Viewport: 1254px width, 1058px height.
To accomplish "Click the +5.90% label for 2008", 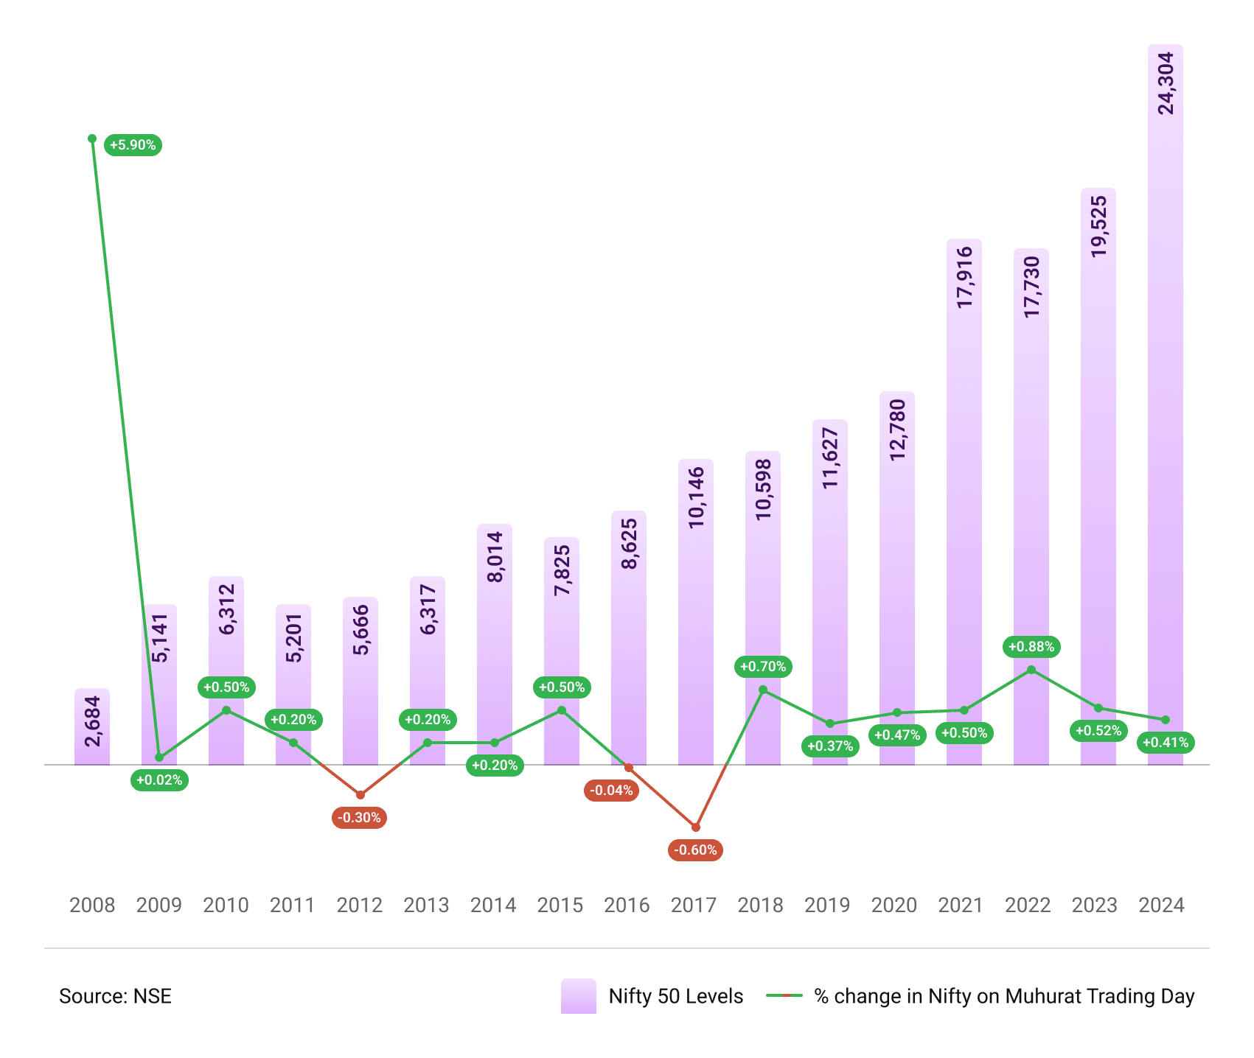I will click(x=133, y=145).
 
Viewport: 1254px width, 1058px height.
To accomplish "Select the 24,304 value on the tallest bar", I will click(x=1166, y=83).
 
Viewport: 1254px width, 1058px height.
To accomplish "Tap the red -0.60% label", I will click(x=696, y=850).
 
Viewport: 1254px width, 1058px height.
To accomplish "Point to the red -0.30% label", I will click(x=360, y=818).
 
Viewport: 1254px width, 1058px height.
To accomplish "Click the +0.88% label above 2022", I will click(x=1031, y=647).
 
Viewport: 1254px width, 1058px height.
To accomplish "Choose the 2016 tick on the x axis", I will click(x=627, y=905).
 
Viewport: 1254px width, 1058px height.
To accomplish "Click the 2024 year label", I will click(x=1161, y=905).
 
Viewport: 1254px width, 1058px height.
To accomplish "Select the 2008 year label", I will click(x=92, y=905).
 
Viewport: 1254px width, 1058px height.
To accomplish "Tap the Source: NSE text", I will click(x=115, y=996).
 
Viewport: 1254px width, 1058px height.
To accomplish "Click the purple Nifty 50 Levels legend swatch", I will click(x=578, y=996).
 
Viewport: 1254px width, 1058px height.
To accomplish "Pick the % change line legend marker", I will click(x=784, y=996).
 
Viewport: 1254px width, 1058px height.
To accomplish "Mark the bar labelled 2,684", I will click(x=92, y=727).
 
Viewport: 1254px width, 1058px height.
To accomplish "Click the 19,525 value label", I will click(x=1098, y=226).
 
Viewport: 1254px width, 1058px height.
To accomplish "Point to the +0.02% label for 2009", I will click(x=159, y=780).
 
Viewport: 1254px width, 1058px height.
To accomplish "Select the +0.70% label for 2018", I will click(x=763, y=667).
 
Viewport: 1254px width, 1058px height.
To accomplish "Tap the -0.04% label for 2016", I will click(x=611, y=791).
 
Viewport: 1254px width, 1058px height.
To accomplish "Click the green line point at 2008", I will click(x=92, y=139).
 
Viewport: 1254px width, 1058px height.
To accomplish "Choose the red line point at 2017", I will click(x=696, y=827).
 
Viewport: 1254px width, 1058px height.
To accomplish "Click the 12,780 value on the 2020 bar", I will click(x=897, y=430).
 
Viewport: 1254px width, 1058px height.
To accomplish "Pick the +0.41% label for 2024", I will click(x=1166, y=743).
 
